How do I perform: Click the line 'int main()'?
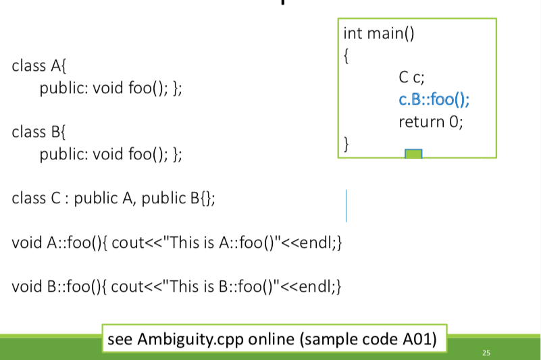coord(378,34)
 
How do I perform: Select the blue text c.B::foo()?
coord(434,101)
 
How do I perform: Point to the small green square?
coord(413,154)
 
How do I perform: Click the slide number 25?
coord(486,353)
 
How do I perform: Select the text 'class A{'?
coord(39,66)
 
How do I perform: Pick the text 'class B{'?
coord(39,132)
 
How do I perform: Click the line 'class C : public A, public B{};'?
coord(113,198)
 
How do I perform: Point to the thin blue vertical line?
coord(346,205)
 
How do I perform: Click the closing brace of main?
coord(346,144)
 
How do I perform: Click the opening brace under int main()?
coord(346,56)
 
